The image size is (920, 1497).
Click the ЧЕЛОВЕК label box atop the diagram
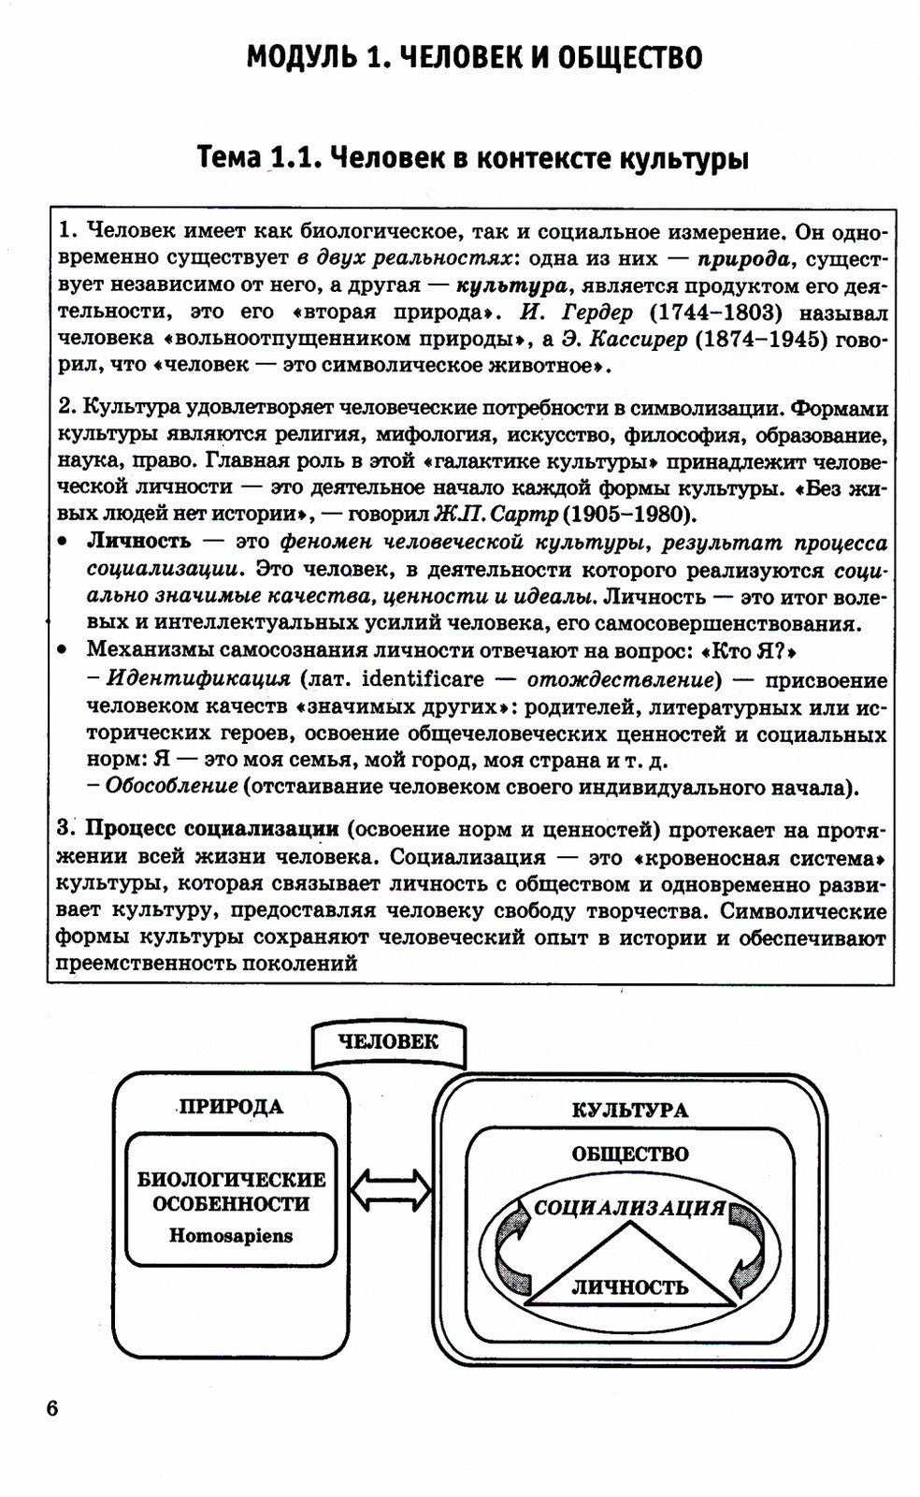coord(388,1042)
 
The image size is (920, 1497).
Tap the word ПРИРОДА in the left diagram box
coord(230,1107)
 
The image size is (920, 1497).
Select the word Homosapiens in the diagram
coord(231,1235)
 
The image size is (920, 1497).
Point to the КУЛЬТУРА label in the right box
coord(629,1111)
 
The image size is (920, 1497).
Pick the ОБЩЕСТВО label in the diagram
coord(629,1155)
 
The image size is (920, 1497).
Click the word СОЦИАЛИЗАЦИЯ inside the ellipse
coord(629,1207)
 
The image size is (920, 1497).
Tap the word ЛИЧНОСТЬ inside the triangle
coord(629,1286)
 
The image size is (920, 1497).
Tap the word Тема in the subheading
coord(229,158)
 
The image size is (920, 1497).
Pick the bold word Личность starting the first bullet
coord(138,541)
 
